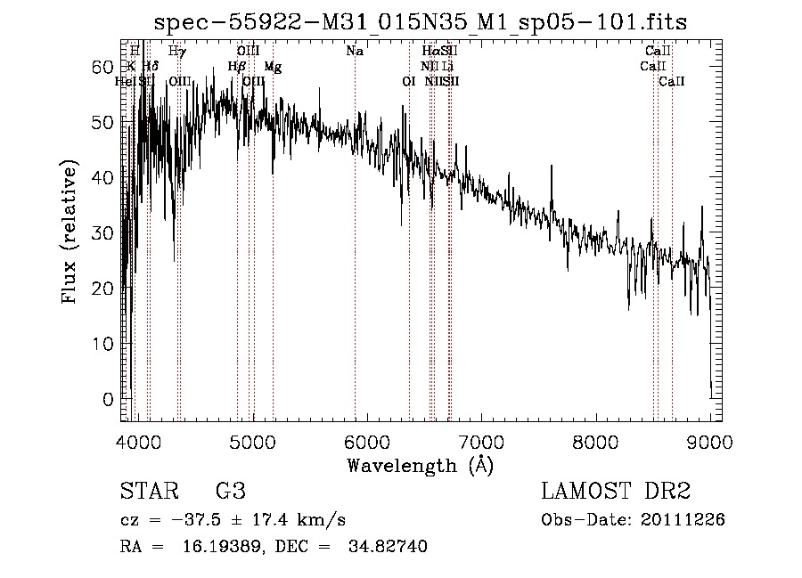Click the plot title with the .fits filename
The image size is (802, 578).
[x=421, y=21]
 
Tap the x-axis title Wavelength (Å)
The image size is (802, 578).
[x=420, y=465]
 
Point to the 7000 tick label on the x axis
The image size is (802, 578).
[x=481, y=439]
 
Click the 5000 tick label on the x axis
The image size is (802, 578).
[x=253, y=439]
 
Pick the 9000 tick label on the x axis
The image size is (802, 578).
[x=710, y=439]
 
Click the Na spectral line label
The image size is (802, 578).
[x=355, y=52]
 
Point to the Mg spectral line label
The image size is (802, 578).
[x=274, y=67]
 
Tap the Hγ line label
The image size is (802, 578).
[x=177, y=52]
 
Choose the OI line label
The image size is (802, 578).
[x=409, y=82]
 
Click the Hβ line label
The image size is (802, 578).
[x=236, y=67]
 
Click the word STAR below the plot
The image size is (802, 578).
[x=148, y=492]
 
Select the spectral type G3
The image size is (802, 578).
[x=230, y=492]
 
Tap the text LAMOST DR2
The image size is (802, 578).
[x=616, y=492]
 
